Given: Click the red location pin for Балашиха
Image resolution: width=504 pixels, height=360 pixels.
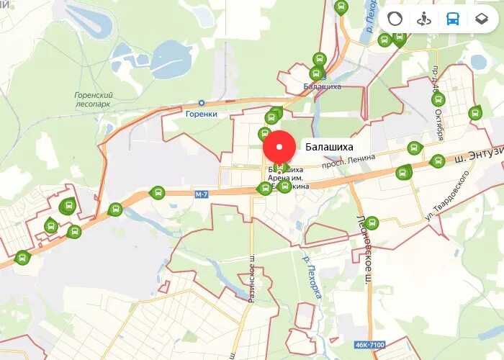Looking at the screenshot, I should pos(279,148).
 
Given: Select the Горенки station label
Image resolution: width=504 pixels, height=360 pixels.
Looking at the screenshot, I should pos(201,114).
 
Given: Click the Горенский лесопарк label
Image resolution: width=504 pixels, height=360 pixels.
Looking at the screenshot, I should pos(94,99).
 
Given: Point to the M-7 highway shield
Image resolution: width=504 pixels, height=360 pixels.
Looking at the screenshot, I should pos(201,194).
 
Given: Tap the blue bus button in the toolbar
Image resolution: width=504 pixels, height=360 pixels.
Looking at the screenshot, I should pos(452,19).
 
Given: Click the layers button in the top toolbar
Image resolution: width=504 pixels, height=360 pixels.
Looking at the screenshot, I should pos(481,19).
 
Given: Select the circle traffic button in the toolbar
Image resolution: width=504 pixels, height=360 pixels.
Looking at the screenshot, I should pos(395,19).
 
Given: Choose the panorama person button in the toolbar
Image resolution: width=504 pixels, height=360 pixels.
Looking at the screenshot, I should pos(423,19).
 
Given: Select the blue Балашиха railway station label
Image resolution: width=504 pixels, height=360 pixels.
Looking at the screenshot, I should pos(323,86).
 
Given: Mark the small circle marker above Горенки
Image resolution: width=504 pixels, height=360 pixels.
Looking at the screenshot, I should pos(202,103).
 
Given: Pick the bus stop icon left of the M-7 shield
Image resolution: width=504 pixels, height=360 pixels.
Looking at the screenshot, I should pos(157,192).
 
